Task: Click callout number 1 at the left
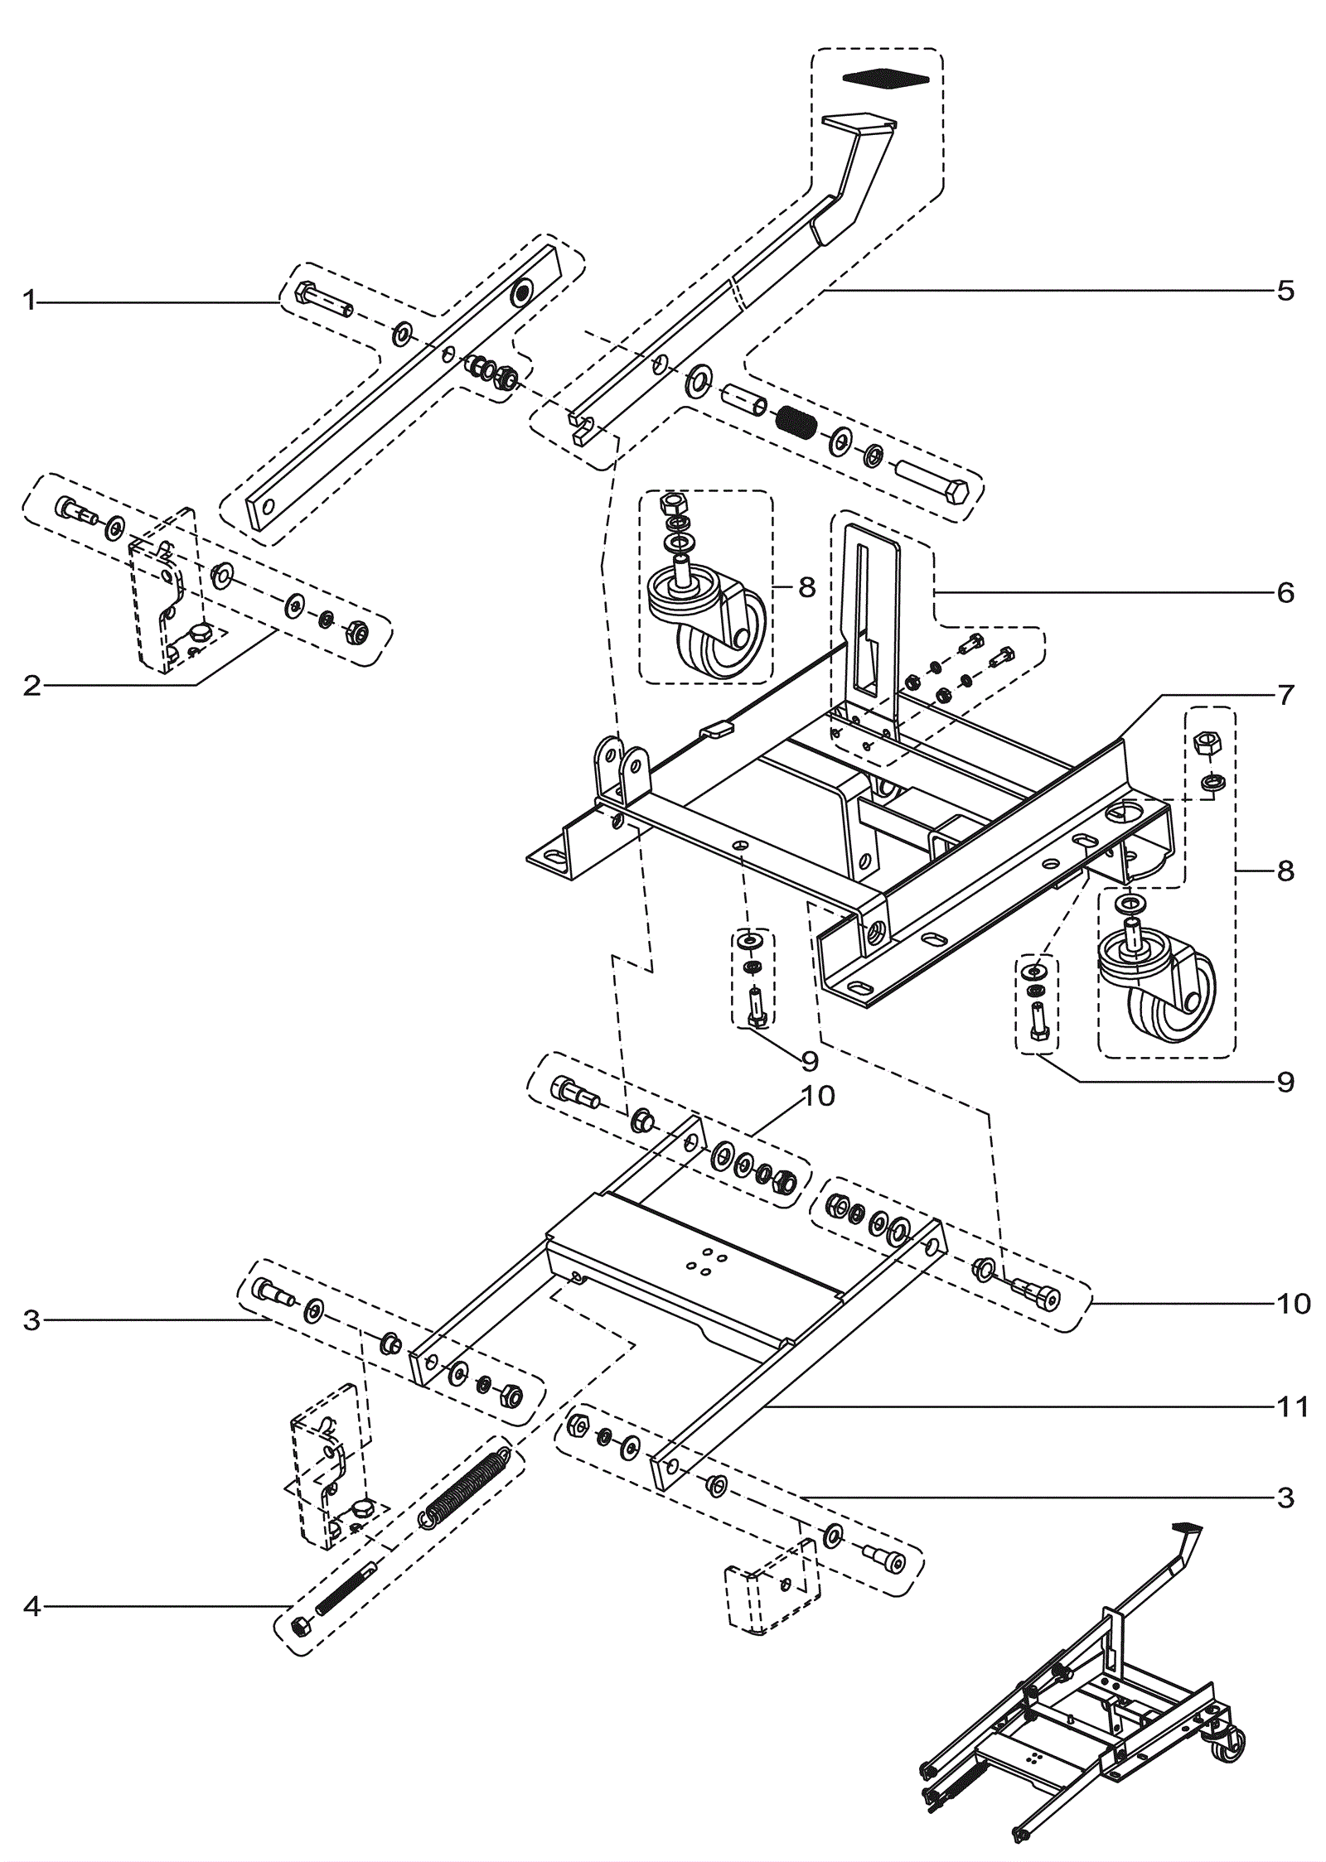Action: click(31, 301)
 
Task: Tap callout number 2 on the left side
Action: click(31, 686)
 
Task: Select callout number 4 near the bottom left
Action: click(31, 1607)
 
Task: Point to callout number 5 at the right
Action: click(1285, 291)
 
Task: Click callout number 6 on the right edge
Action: click(1285, 592)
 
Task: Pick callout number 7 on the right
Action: click(1285, 695)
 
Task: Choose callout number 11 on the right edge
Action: click(1293, 1406)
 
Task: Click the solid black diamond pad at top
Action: click(885, 78)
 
